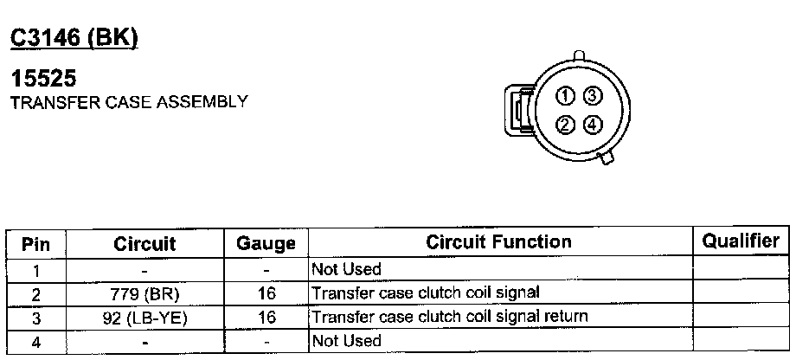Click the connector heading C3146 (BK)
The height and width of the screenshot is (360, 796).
(x=74, y=38)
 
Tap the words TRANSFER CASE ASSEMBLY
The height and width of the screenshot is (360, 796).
(x=128, y=102)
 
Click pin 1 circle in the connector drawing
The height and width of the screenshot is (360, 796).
(x=564, y=95)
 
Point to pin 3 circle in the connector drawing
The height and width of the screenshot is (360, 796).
(x=592, y=95)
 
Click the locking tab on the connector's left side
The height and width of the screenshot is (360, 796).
(x=517, y=110)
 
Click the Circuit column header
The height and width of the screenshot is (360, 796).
(x=144, y=244)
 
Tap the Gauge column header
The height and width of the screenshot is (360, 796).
(x=266, y=244)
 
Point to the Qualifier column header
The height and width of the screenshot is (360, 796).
(x=741, y=241)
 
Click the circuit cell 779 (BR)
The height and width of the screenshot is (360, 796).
(x=144, y=294)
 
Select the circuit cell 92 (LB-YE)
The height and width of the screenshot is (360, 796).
(x=144, y=318)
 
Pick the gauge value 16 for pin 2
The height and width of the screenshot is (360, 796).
(x=266, y=294)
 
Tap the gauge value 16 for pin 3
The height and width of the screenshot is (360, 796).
(x=266, y=318)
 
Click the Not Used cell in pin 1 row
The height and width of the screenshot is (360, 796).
(x=345, y=270)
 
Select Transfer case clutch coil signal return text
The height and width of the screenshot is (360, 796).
(x=449, y=317)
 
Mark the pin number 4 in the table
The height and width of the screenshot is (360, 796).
(x=35, y=341)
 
